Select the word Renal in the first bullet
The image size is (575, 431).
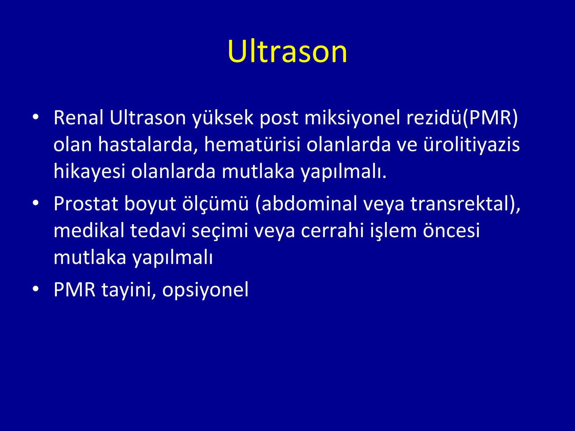tap(79, 118)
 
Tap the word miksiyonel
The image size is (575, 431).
tap(352, 118)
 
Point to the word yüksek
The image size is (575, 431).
tap(223, 118)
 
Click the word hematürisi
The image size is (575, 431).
tap(252, 145)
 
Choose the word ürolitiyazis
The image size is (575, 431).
tap(471, 145)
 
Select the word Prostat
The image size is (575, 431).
tap(86, 204)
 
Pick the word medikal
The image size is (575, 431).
tap(89, 231)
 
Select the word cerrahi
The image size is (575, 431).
tap(332, 231)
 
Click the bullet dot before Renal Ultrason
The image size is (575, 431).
tap(36, 117)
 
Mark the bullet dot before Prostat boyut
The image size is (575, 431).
tap(36, 203)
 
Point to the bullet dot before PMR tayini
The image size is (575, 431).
tap(36, 289)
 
